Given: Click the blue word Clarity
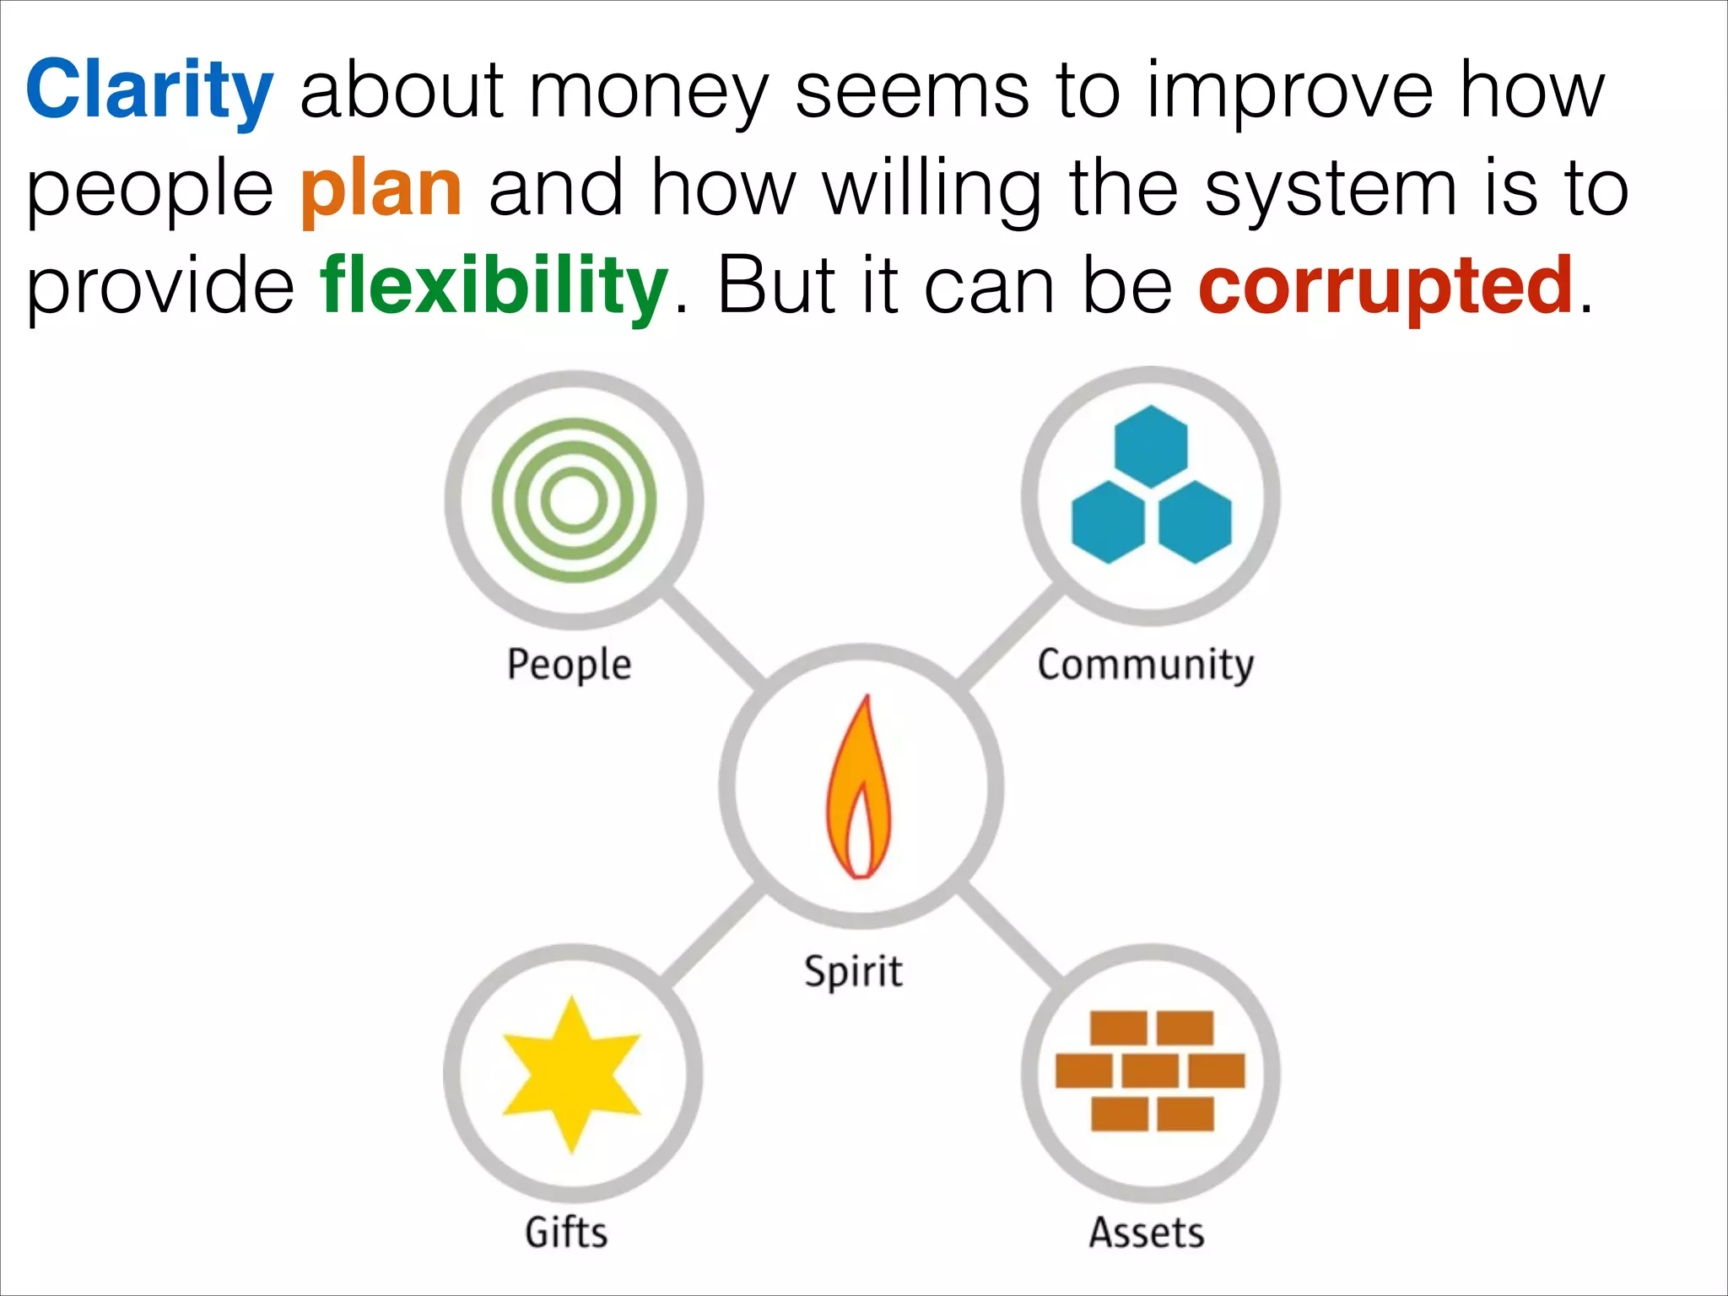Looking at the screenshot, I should [x=149, y=90].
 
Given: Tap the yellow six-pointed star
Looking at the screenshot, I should [x=572, y=1074].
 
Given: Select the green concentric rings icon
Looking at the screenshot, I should [x=574, y=500].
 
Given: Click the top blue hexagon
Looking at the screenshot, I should [x=1151, y=446].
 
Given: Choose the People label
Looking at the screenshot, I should [x=569, y=665].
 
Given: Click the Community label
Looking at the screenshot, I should [x=1145, y=665].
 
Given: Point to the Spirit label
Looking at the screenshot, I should [x=853, y=971].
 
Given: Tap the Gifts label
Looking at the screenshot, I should [x=566, y=1233].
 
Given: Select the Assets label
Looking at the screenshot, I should [x=1146, y=1233].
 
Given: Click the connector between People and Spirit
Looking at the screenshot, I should [x=714, y=638].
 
